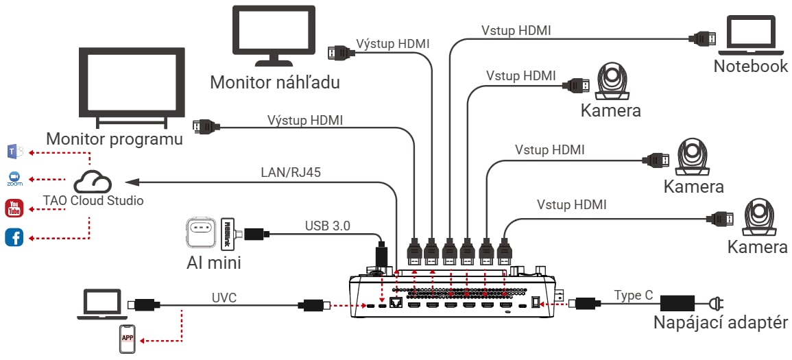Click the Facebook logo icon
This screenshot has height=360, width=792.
point(14,237)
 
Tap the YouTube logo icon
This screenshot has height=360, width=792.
point(14,208)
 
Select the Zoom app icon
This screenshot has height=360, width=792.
point(14,179)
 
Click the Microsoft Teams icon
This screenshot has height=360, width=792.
point(14,150)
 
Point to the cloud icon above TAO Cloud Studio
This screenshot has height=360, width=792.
point(92,182)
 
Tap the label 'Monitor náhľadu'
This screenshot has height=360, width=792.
point(275,82)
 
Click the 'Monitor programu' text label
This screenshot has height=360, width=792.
point(115,139)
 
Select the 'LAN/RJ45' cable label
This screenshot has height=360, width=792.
point(291,171)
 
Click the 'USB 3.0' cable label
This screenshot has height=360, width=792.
point(327,226)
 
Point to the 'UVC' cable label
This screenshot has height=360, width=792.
point(224,298)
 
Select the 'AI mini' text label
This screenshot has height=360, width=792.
point(213,263)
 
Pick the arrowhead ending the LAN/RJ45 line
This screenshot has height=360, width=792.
point(132,181)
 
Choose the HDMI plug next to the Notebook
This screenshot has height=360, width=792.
point(704,38)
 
